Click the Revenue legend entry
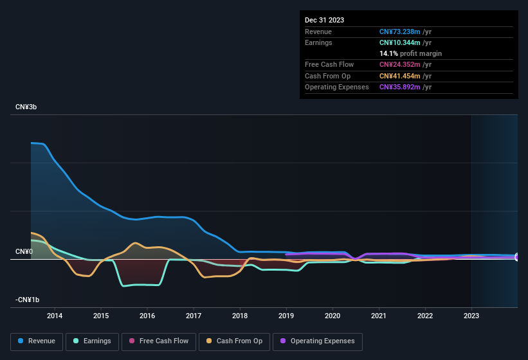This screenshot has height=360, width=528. tap(37, 341)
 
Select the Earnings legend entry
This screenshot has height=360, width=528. tap(91, 341)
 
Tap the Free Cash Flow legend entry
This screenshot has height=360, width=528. tap(158, 341)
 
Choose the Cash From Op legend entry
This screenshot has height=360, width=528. tap(233, 341)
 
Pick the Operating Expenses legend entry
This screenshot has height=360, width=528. tap(318, 341)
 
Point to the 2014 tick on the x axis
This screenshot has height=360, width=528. tap(55, 316)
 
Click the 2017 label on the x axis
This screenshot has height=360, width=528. tap(194, 316)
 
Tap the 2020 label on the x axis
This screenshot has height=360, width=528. tap(332, 316)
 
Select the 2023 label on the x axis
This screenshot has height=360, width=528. tap(471, 316)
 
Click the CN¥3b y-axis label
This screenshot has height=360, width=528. tap(26, 107)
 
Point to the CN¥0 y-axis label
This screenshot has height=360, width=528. tap(24, 251)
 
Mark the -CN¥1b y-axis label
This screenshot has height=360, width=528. tap(28, 300)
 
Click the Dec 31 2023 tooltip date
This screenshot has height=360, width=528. tap(324, 20)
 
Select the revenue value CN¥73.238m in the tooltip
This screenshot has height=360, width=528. tap(400, 32)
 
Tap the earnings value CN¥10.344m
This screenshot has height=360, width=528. tap(400, 42)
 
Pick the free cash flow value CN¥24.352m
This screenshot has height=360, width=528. tap(400, 64)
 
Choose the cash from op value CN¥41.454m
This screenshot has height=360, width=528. tap(400, 76)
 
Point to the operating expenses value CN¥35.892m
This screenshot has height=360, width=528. tap(400, 87)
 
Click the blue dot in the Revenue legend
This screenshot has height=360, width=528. tap(21, 341)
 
